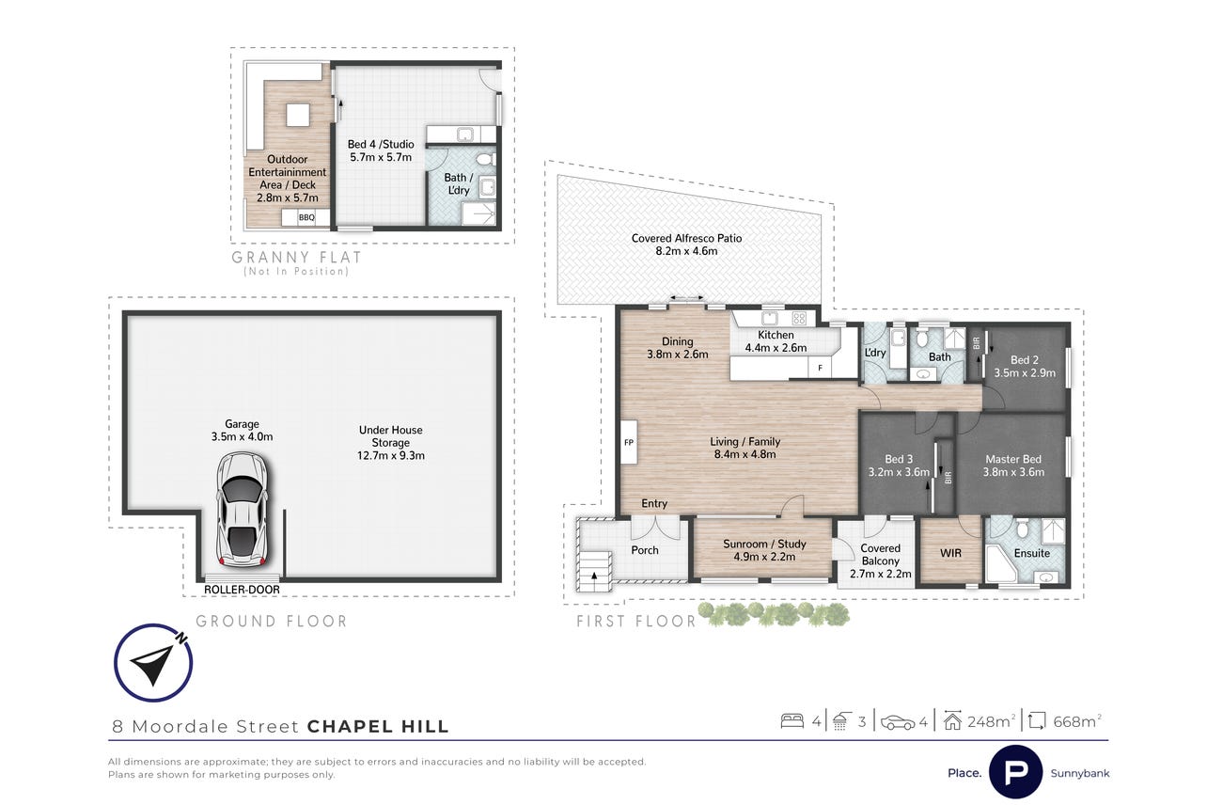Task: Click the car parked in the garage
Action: coord(242,510)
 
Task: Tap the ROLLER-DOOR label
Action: coord(242,590)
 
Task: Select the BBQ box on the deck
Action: coord(306,217)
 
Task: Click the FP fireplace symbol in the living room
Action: coord(629,442)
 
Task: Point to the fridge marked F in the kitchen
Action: coord(820,368)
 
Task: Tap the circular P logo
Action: coord(1016,772)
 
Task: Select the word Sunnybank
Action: coord(1080,774)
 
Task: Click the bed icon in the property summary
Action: coord(792,721)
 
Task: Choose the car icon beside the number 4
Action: coord(897,722)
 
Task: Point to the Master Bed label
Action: coord(1013,459)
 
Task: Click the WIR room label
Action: coord(950,553)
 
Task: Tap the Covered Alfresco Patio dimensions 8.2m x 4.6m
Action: coord(686,251)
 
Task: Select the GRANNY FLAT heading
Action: coord(296,258)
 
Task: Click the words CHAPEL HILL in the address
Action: coord(378,727)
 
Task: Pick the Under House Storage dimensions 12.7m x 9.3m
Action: coord(391,455)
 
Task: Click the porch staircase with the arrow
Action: coord(594,572)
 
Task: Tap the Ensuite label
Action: coord(1032,553)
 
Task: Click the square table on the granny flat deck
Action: coord(297,115)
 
